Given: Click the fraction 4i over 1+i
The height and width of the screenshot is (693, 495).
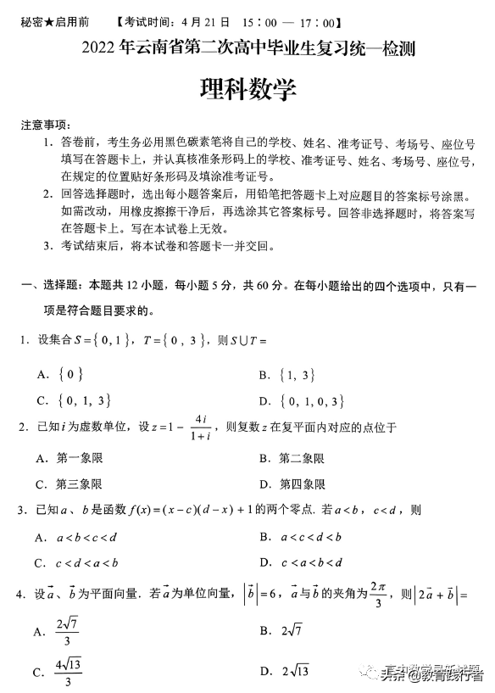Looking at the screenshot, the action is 200,428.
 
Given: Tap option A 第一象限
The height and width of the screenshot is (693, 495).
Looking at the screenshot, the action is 70,459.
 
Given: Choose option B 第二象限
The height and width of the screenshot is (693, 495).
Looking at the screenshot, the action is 292,459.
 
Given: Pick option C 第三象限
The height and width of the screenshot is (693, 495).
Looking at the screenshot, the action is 70,484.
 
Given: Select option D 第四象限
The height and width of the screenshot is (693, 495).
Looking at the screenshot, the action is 292,484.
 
